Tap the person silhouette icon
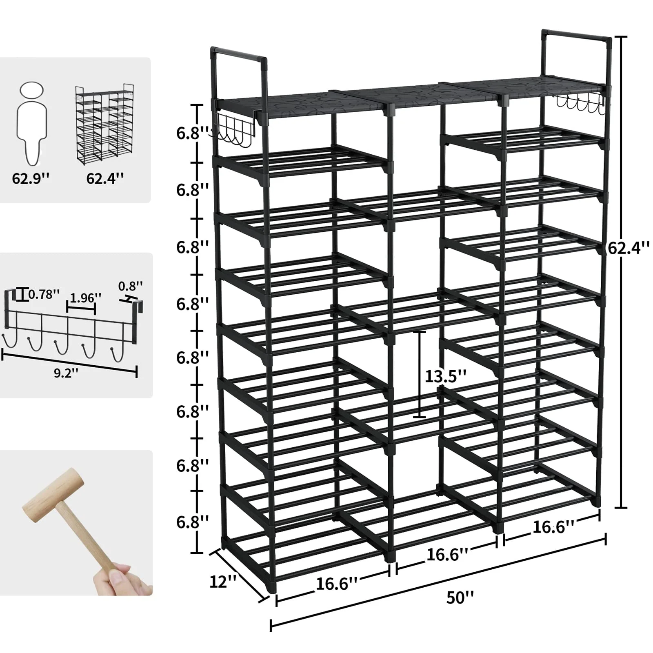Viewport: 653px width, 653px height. point(31,122)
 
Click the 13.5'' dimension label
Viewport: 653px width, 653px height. point(445,375)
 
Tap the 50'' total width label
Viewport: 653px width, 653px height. point(460,598)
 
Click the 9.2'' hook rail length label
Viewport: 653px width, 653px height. point(66,373)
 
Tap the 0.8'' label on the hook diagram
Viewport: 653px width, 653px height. point(131,286)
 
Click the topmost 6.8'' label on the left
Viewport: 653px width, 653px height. point(192,133)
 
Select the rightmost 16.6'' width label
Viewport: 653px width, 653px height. point(553,527)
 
